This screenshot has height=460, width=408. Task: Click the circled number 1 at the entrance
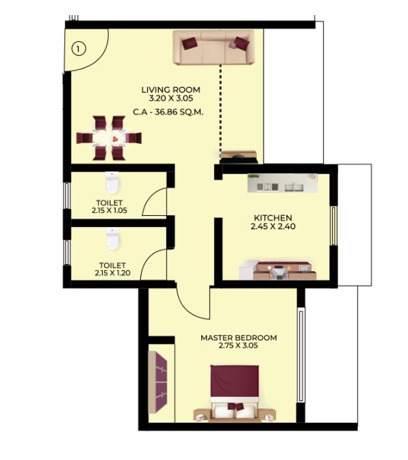[79, 49]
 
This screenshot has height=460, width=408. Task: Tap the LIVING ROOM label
[170, 90]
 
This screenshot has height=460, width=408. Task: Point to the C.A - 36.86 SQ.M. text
[170, 112]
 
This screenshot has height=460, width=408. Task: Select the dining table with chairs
[110, 137]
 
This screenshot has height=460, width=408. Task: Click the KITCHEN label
[272, 218]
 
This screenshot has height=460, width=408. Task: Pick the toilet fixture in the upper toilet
[113, 183]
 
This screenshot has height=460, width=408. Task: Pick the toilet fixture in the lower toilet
[113, 239]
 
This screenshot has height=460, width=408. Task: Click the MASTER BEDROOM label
[238, 338]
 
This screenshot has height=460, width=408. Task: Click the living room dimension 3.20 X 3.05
[170, 99]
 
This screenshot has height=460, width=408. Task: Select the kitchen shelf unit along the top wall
[282, 183]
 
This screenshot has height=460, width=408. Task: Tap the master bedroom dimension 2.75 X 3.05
[238, 347]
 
